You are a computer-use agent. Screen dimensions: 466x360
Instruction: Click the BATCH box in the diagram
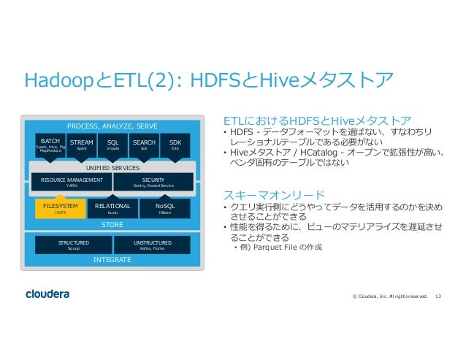coord(50,144)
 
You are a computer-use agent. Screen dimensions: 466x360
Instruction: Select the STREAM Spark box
coord(82,144)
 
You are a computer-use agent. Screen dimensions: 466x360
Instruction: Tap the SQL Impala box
coord(112,144)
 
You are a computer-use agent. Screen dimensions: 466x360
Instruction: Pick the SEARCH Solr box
coord(144,144)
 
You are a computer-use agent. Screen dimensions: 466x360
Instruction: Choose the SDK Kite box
coord(175,144)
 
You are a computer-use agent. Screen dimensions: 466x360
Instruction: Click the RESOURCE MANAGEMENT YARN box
coord(72,182)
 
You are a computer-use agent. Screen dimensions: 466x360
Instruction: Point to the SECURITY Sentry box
coord(153,182)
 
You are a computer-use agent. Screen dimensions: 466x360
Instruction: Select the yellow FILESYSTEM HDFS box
coord(61,209)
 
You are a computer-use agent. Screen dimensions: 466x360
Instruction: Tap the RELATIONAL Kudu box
coord(112,209)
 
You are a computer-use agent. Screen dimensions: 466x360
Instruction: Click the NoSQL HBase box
coord(164,209)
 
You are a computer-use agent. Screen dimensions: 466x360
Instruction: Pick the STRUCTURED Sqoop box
coord(74,245)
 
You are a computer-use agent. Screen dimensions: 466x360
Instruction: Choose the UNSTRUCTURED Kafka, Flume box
coord(153,245)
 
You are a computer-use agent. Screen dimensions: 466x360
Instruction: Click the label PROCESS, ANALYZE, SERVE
coord(112,126)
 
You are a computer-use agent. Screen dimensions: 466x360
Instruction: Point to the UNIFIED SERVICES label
coord(112,168)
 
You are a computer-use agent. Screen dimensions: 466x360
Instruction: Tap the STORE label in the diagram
coord(112,224)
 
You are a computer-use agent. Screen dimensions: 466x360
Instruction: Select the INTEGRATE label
coord(112,259)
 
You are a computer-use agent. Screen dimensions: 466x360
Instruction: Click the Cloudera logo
coord(47,294)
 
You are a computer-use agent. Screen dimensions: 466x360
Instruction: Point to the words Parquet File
coord(281,248)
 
